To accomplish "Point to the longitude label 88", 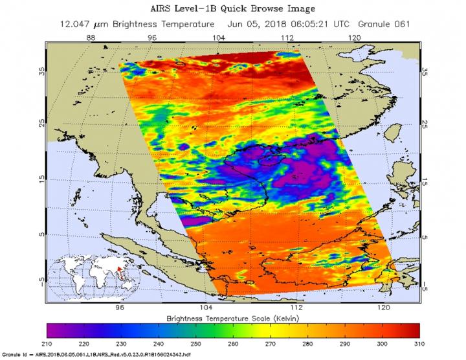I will click(91, 38).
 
